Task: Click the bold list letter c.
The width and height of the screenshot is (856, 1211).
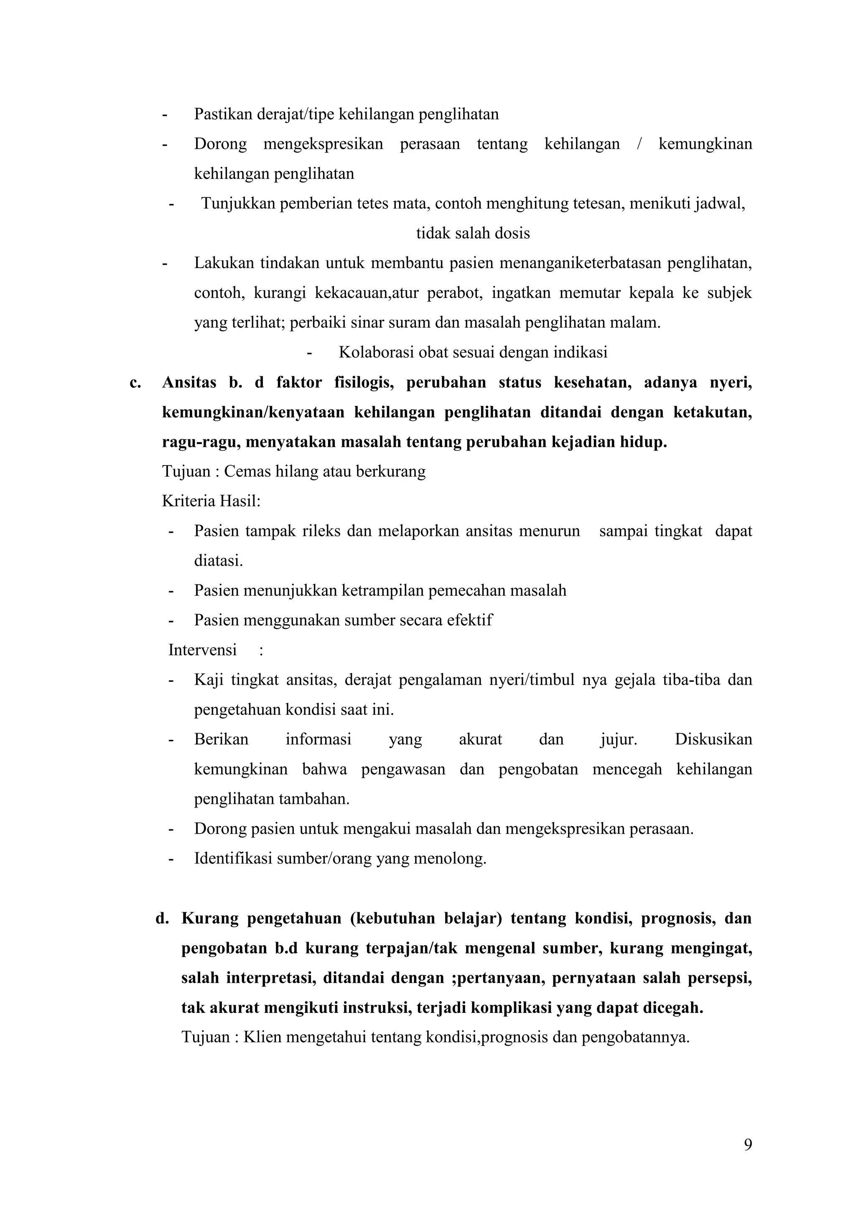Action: tap(135, 382)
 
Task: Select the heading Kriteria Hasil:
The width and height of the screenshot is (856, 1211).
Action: tap(211, 500)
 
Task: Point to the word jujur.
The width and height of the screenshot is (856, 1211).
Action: tap(618, 739)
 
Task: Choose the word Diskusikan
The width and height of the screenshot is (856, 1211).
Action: tap(713, 739)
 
